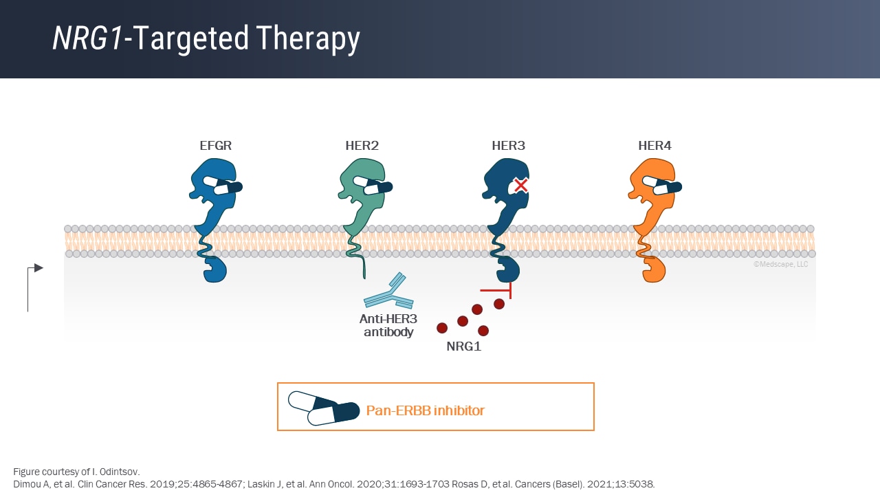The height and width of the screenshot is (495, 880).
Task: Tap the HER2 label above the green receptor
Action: [362, 146]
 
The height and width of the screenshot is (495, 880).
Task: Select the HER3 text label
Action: [509, 146]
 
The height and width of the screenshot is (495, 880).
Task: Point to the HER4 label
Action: [654, 146]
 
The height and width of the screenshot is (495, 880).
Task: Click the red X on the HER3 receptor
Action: [521, 185]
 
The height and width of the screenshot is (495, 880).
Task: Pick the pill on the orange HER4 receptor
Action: [664, 186]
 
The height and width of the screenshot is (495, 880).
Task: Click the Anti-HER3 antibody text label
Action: [388, 326]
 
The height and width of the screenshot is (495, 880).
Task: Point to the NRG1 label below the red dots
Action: [464, 346]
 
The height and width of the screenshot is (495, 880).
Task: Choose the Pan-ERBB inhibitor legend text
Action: [425, 410]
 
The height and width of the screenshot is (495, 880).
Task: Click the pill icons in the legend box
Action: [324, 408]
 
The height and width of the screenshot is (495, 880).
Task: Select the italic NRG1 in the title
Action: [87, 39]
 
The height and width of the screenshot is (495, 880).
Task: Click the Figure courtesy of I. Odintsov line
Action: [76, 472]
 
